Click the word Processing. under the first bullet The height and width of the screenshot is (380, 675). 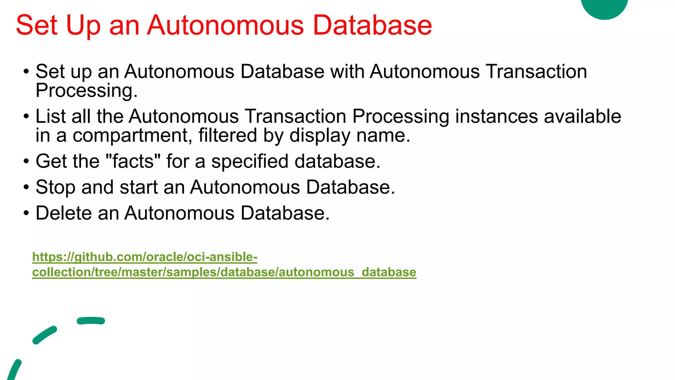tap(86, 91)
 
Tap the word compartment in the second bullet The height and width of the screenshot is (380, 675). tap(132, 136)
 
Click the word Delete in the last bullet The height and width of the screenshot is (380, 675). tap(64, 213)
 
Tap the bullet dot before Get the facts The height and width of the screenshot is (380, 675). tap(26, 162)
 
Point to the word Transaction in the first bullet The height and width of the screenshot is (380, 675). tap(536, 71)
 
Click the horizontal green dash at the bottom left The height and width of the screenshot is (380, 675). tap(91, 321)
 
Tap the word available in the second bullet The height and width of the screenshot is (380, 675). tap(582, 116)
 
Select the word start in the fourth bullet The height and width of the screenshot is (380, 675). tap(138, 187)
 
